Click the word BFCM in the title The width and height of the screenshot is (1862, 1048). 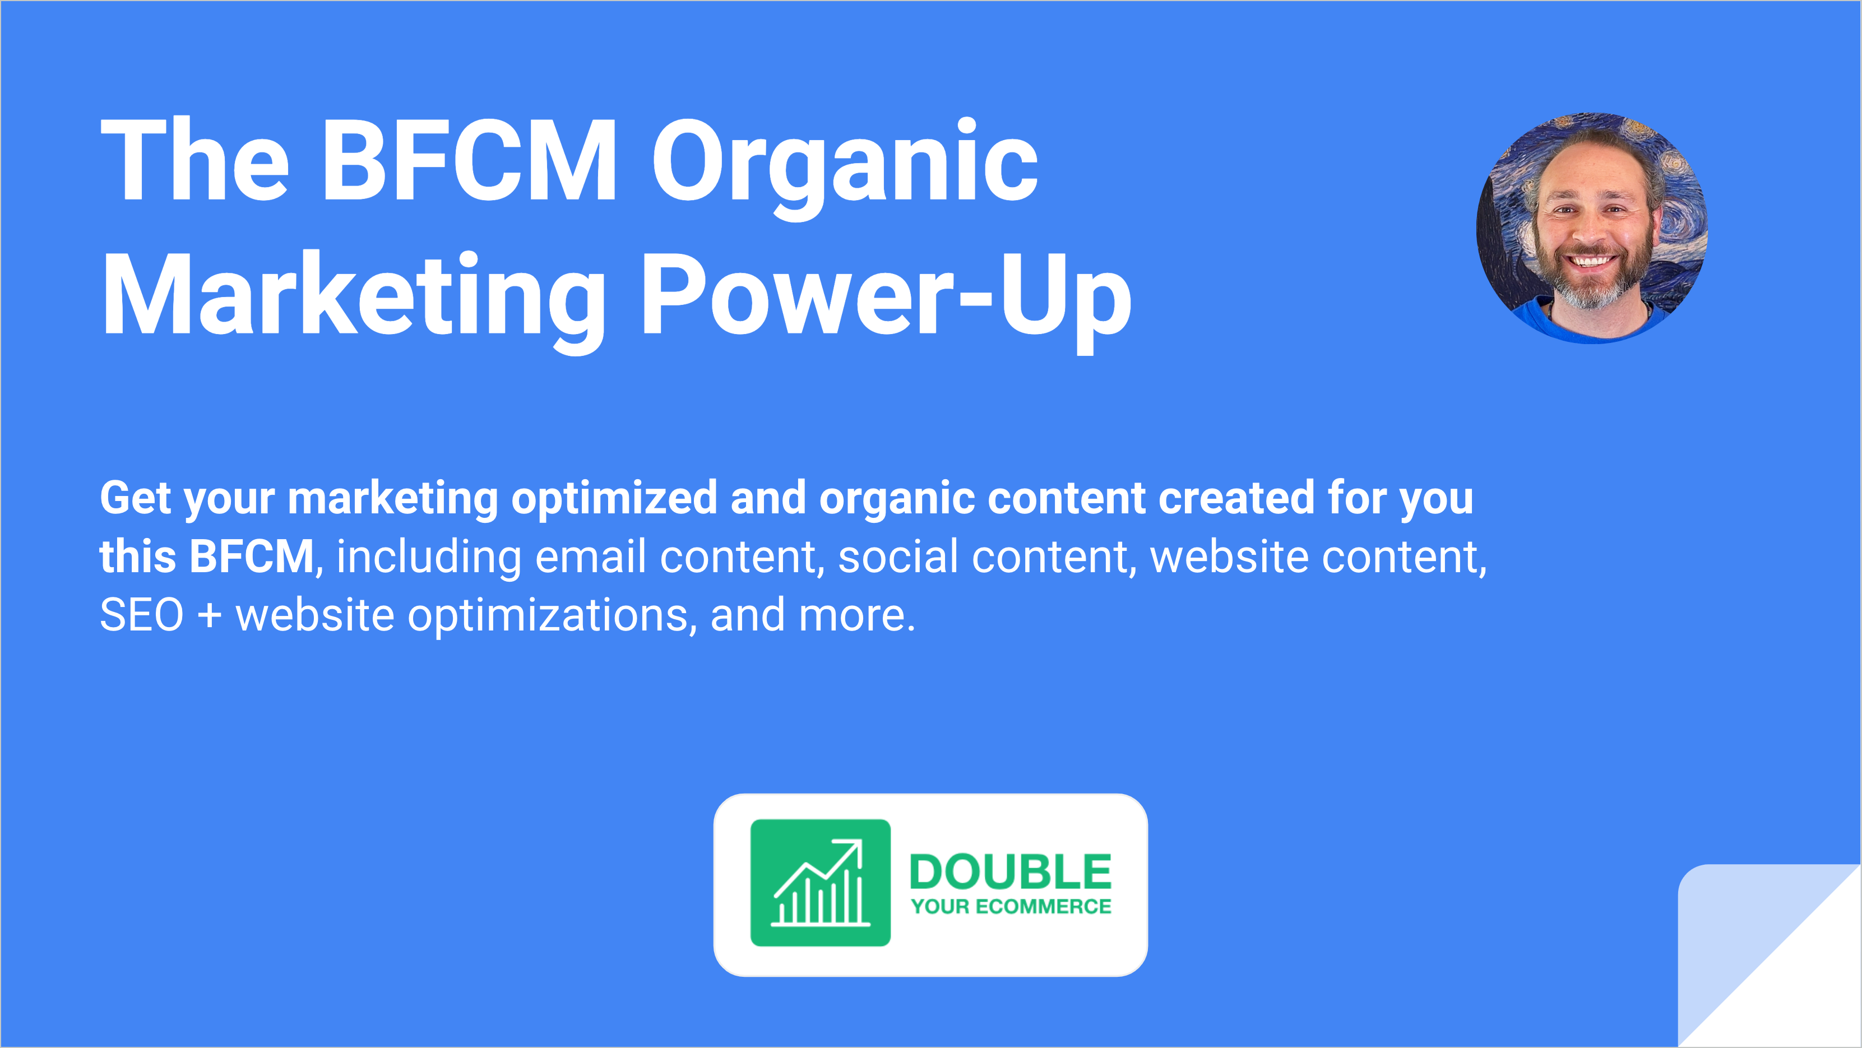tap(469, 160)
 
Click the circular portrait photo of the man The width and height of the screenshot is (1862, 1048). tap(1592, 228)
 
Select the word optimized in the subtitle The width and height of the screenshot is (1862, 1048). tap(614, 500)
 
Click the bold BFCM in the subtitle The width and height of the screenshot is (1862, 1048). tap(252, 557)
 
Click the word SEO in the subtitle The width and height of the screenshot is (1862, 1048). tap(142, 616)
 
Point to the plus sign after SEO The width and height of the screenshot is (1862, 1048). tap(210, 616)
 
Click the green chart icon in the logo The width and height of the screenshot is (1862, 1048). tap(821, 883)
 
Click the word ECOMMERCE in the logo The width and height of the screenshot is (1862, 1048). tap(1043, 906)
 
